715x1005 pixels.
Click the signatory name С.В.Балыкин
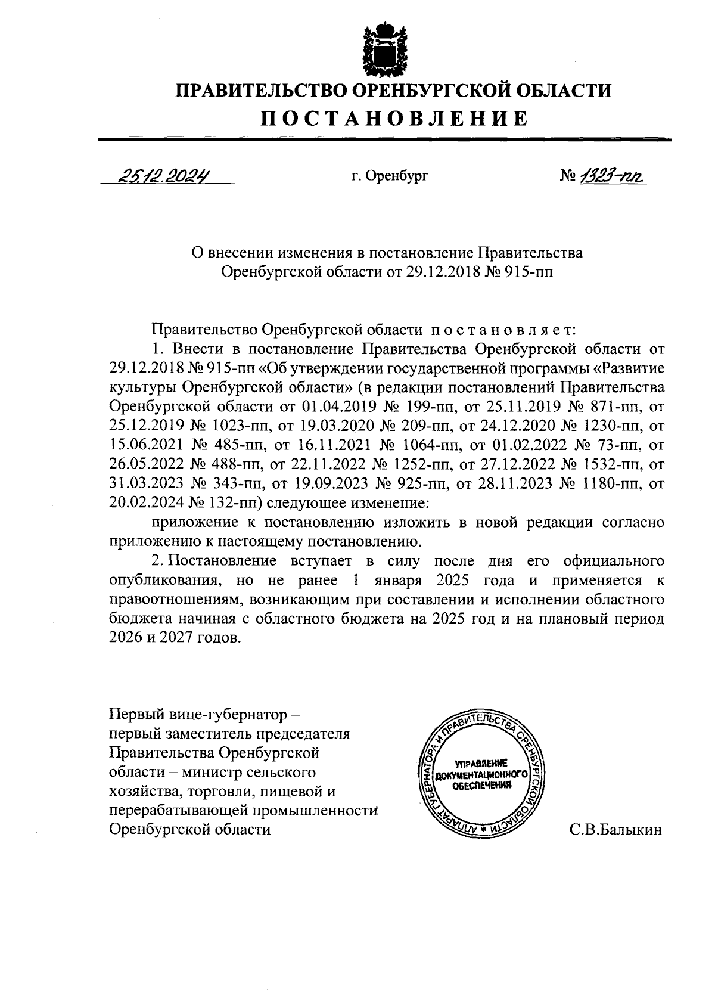pyautogui.click(x=615, y=829)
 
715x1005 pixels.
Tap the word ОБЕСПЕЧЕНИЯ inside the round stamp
pyautogui.click(x=481, y=786)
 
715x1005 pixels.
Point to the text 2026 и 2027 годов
pyautogui.click(x=176, y=638)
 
